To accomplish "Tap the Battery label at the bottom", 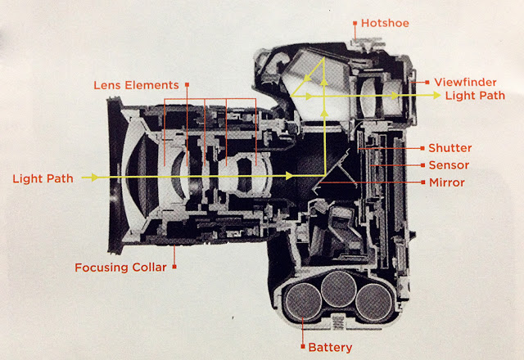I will [x=331, y=347].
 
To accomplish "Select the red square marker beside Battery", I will [x=303, y=347].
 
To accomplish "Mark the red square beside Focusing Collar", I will [x=174, y=267].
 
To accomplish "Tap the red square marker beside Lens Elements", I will [x=187, y=84].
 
